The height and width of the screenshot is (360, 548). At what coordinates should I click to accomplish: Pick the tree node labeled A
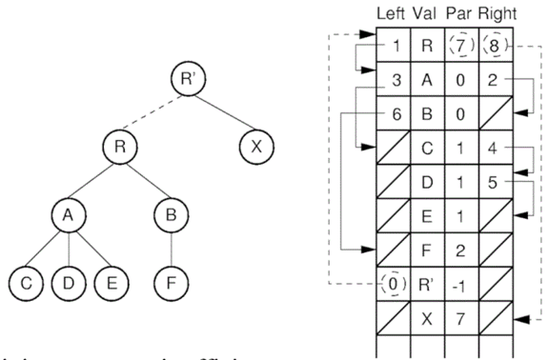click(68, 217)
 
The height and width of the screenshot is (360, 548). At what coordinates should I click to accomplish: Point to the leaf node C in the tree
click(25, 284)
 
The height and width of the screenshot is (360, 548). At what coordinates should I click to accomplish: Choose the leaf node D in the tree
click(68, 284)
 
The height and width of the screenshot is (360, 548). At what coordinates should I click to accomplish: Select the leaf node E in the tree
click(111, 284)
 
